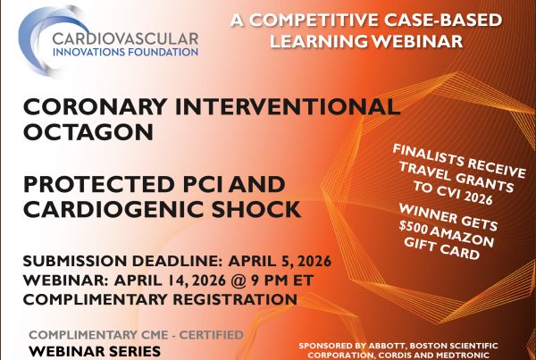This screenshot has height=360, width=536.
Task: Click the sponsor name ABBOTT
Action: click(x=399, y=340)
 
